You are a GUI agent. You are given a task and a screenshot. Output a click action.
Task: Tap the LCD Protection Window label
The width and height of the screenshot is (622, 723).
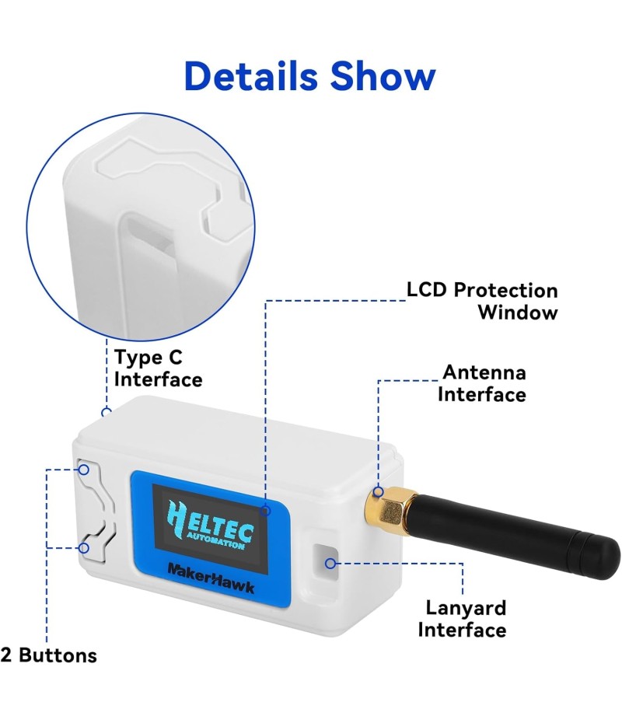pyautogui.click(x=482, y=302)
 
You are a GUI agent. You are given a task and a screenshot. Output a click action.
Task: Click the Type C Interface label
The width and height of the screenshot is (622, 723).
pyautogui.click(x=158, y=368)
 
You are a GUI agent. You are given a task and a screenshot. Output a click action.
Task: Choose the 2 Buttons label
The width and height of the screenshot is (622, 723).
pyautogui.click(x=49, y=655)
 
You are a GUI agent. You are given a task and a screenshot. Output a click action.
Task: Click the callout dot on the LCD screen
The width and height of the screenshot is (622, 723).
pyautogui.click(x=265, y=511)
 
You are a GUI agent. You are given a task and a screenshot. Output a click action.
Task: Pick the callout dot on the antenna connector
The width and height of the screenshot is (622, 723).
pyautogui.click(x=379, y=491)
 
